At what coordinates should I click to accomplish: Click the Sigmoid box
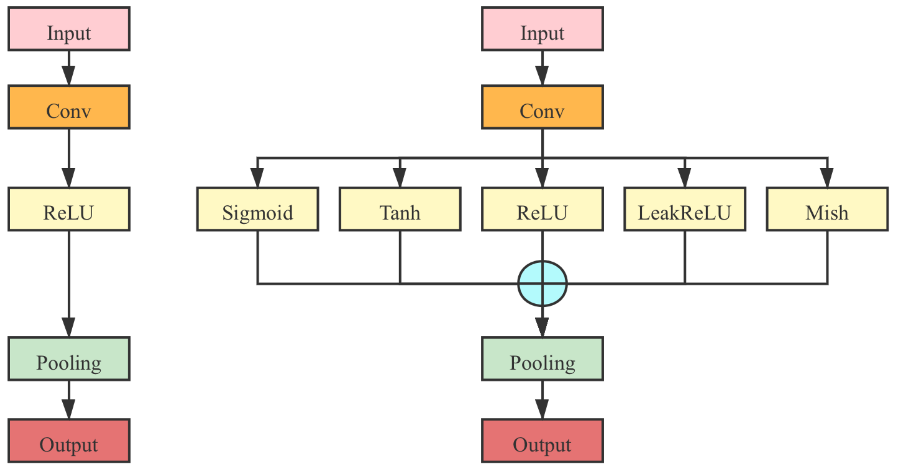257,209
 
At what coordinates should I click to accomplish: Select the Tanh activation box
400,209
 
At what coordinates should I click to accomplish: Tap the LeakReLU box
685,209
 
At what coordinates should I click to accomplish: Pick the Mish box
827,209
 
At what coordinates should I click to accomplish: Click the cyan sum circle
542,283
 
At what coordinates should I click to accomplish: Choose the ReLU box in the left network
69,209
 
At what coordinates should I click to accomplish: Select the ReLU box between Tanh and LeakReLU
542,209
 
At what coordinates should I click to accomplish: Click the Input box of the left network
69,29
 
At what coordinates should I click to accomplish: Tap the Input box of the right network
542,29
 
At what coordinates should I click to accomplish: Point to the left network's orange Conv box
69,107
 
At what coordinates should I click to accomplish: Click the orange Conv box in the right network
542,107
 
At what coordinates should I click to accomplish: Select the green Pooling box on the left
69,358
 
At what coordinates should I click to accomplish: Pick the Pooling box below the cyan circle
542,358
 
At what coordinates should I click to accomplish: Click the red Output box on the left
69,441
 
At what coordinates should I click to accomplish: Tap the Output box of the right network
542,441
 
